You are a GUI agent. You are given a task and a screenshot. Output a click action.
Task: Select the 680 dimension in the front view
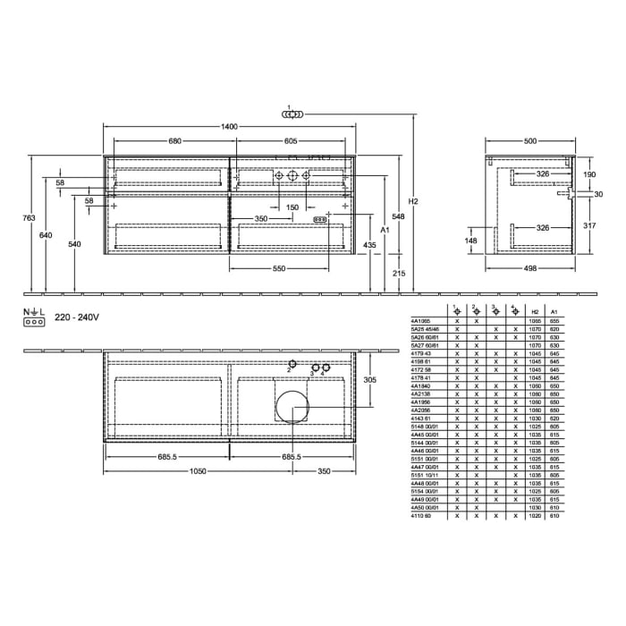pos(175,141)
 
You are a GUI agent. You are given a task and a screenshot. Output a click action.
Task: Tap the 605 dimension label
pos(291,141)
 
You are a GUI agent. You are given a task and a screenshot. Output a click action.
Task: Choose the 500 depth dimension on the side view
pos(530,141)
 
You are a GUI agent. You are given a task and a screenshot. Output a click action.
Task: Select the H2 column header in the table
pos(535,312)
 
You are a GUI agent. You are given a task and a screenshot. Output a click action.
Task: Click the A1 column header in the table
pos(554,312)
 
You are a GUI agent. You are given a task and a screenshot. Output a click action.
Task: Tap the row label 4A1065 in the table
pos(420,319)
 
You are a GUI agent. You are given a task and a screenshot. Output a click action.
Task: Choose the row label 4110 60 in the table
pos(420,516)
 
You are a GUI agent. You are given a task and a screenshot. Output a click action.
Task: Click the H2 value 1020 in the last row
pos(535,516)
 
